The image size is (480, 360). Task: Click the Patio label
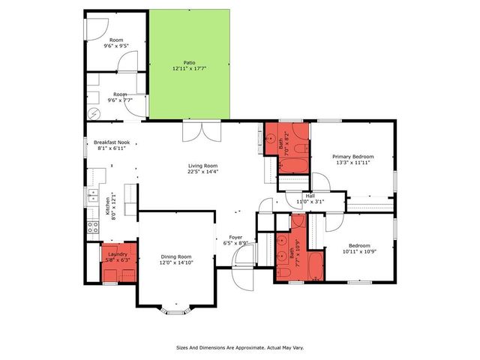(x=190, y=62)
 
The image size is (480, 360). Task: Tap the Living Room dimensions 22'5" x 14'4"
(x=202, y=174)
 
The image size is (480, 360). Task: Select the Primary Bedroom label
(x=352, y=156)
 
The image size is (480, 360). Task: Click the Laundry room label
(x=118, y=254)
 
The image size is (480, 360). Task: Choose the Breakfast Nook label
(x=112, y=142)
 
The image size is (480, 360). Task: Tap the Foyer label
(x=235, y=237)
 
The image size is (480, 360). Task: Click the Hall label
(x=309, y=196)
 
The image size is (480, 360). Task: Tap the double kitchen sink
(x=93, y=197)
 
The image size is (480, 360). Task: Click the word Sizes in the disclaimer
(x=183, y=348)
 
